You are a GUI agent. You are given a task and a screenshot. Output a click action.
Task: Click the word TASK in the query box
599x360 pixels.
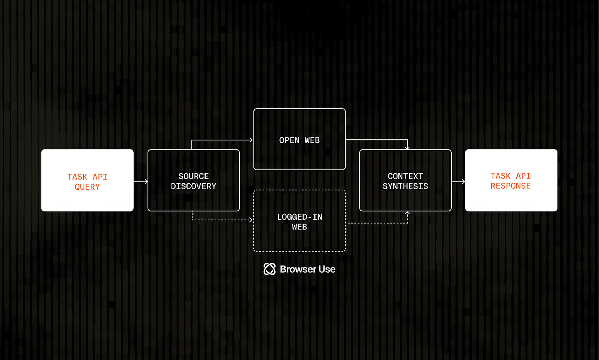tap(77, 177)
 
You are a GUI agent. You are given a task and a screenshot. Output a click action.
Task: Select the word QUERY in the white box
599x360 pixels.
tap(87, 187)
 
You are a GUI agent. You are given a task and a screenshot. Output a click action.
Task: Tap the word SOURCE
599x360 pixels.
tap(193, 176)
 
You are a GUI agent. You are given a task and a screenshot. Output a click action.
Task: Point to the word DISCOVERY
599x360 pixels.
tap(193, 186)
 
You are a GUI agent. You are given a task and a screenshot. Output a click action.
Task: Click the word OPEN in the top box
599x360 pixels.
tap(289, 140)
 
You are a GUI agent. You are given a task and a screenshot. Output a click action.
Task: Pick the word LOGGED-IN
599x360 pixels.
tap(299, 217)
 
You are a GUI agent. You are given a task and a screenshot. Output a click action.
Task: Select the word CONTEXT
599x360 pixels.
tap(405, 176)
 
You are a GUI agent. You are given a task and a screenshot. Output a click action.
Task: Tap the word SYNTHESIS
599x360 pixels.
tap(405, 186)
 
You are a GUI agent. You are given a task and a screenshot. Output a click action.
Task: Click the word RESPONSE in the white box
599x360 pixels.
tap(511, 186)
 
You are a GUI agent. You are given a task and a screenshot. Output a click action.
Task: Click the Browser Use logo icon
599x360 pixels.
tap(269, 269)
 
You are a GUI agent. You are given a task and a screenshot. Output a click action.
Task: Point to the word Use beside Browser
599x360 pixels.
tap(327, 269)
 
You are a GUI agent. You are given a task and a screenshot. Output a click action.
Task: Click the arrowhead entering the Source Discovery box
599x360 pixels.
tap(146, 181)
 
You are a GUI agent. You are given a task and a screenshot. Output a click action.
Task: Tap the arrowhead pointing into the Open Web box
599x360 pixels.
tap(251, 140)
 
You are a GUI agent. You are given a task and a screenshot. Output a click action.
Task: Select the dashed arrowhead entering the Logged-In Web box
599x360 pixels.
tap(251, 220)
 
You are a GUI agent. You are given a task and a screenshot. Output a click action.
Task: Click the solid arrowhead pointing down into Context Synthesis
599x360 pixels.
tap(407, 147)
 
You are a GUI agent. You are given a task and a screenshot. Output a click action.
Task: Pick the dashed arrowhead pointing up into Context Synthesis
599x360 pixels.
tap(407, 214)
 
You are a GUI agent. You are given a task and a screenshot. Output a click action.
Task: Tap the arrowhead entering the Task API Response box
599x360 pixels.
tap(463, 181)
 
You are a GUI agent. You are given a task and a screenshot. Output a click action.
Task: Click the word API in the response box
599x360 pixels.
tap(523, 176)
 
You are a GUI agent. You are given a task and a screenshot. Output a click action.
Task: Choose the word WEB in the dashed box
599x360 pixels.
tap(299, 227)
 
